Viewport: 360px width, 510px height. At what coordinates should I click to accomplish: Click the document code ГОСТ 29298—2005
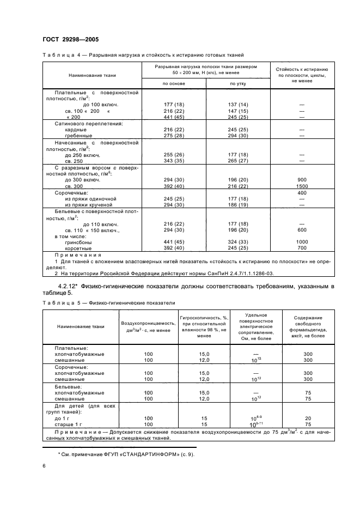coord(70,40)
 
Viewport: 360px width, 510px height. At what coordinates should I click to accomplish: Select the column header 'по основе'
coord(174,83)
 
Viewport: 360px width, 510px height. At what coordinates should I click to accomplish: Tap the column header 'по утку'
coord(239,83)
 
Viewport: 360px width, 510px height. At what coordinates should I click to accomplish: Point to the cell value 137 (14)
coord(239,104)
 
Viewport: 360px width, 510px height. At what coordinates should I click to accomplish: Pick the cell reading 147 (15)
coord(239,111)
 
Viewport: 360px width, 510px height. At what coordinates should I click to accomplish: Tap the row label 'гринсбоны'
coord(77,242)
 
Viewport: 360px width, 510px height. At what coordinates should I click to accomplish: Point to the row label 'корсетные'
coord(76,248)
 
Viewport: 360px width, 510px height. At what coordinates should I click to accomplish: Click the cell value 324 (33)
coord(239,242)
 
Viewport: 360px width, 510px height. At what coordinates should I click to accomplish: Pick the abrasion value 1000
coord(302,242)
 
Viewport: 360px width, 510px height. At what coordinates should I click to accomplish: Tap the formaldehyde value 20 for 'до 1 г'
coord(308,418)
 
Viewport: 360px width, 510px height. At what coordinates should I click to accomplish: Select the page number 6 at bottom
coord(44,466)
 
